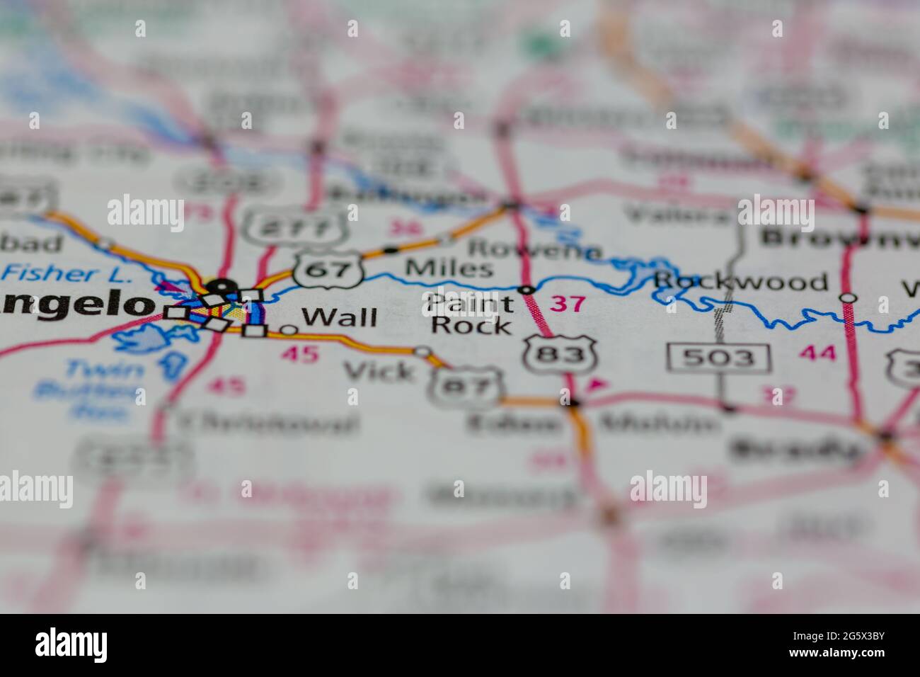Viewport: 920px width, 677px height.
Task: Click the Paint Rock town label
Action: pos(470,314)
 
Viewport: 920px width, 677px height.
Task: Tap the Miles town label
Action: pos(449,268)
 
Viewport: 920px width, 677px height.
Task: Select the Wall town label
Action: pos(339,317)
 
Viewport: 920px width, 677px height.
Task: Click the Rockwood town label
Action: pos(740,282)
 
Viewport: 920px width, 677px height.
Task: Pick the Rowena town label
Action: pos(534,249)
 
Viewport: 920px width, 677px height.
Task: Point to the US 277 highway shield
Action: pos(294,225)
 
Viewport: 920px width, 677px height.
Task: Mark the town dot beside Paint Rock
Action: pos(526,290)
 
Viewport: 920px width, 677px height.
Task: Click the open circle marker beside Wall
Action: pos(289,329)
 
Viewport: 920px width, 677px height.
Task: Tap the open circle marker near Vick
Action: pos(422,351)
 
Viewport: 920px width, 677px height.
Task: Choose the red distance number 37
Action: pos(568,304)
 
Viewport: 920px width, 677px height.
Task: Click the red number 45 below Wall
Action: pos(300,353)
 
